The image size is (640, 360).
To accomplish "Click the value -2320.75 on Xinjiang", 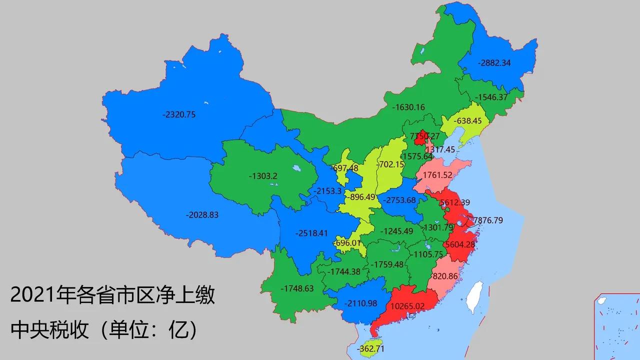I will point(179,114).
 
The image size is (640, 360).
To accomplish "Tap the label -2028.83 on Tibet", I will point(202,214).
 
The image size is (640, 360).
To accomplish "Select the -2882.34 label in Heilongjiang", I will point(494,63).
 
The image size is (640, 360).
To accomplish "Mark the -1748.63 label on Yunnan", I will point(297,288).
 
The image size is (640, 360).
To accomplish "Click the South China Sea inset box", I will point(616,326).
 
